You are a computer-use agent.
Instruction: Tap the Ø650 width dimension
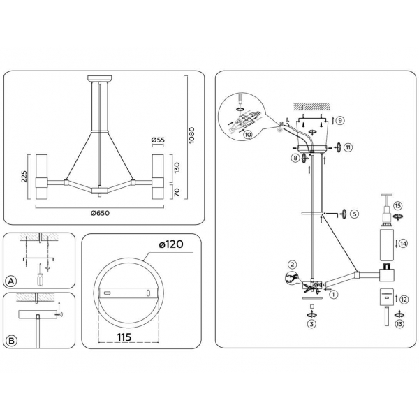pos(101,213)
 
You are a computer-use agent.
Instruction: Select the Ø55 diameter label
pos(159,140)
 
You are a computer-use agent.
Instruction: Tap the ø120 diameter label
pos(170,246)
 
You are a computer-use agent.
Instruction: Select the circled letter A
pos(11,281)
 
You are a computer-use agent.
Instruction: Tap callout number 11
pos(348,147)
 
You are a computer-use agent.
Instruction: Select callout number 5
pos(354,214)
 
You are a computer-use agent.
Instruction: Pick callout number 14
pos(402,244)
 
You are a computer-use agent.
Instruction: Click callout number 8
pos(296,159)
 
